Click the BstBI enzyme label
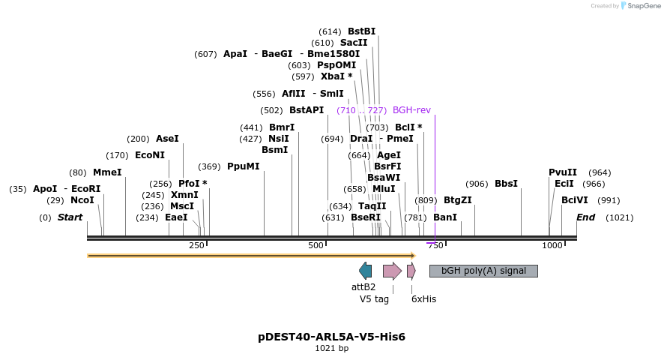pos(361,31)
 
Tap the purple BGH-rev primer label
pos(411,110)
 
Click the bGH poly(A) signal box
pos(483,271)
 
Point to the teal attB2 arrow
pos(366,271)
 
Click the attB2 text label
pos(363,286)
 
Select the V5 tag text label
pos(375,298)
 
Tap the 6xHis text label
pos(423,298)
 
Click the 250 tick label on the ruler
pos(196,246)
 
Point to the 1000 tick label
pos(552,246)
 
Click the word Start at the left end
pos(70,217)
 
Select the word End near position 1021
pos(585,217)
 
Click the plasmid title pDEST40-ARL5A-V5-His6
pos(331,337)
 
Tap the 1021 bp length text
pos(331,348)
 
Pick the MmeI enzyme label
pos(107,172)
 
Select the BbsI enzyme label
pos(506,184)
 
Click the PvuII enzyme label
pos(563,172)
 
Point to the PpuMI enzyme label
pos(244,166)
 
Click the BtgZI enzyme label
pos(458,200)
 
